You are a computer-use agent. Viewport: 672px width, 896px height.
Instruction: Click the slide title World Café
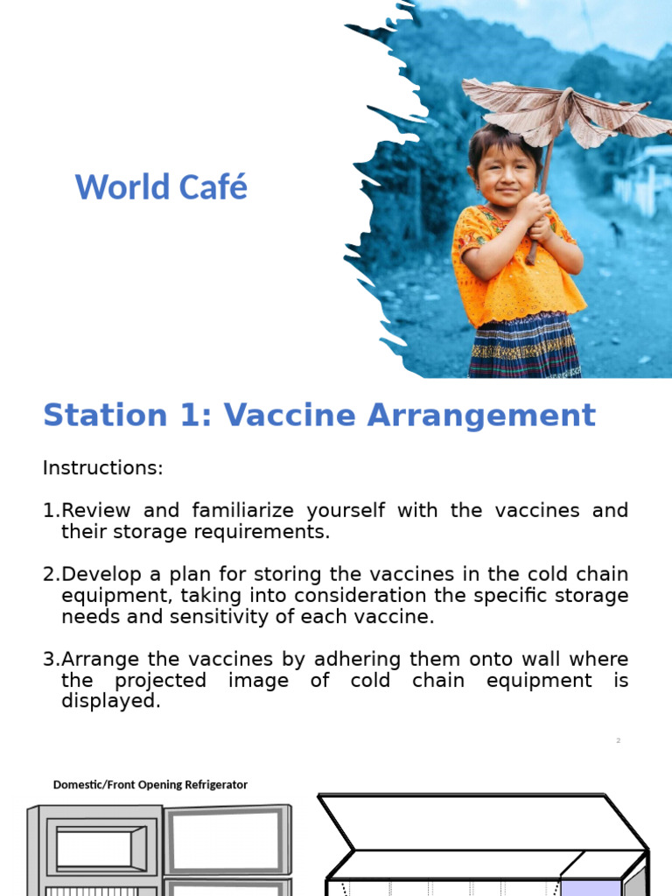pos(161,187)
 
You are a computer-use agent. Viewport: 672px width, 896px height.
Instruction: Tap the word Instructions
pos(102,468)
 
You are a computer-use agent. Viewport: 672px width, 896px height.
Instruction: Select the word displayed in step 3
pos(110,702)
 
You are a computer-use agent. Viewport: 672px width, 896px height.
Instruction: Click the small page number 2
pos(618,741)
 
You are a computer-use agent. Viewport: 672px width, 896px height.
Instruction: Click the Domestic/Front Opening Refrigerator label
pos(150,785)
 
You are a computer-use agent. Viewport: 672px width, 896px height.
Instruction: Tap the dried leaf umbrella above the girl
pos(560,109)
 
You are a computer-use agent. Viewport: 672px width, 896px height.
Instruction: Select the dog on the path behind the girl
pos(618,233)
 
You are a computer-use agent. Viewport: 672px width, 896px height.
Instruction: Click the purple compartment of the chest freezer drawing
pos(590,875)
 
